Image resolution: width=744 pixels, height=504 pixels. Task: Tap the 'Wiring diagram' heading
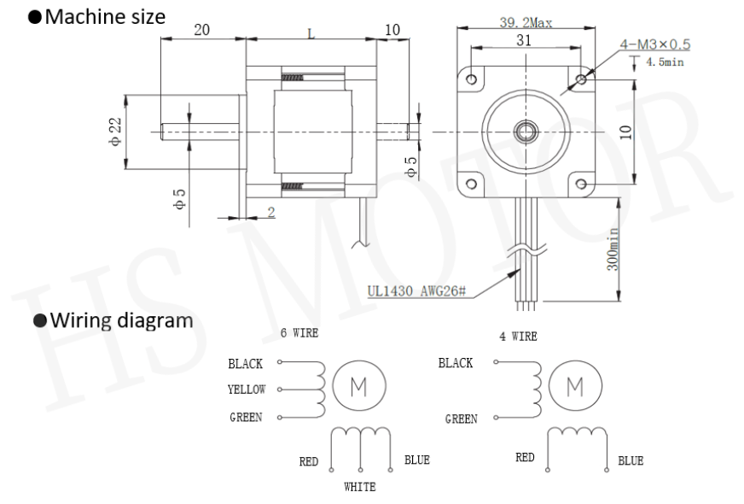tap(108, 322)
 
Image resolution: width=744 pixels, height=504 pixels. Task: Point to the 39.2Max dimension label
tap(524, 22)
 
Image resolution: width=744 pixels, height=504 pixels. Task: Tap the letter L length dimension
tap(311, 33)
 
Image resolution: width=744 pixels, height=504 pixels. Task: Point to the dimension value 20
tap(201, 30)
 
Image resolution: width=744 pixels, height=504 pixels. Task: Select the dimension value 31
tap(524, 40)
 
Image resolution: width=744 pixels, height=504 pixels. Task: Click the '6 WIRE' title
tap(299, 333)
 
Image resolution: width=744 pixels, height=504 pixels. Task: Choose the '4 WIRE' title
tap(518, 337)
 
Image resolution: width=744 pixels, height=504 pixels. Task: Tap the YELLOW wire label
tap(247, 390)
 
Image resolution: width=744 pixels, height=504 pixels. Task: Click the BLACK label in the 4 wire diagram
tap(455, 363)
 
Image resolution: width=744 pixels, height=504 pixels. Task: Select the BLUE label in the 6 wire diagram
tap(417, 460)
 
